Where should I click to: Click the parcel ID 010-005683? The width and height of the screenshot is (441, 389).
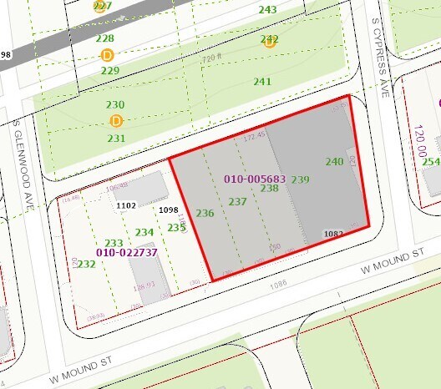pyautogui.click(x=255, y=179)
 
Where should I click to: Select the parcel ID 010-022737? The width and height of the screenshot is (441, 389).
pyautogui.click(x=127, y=252)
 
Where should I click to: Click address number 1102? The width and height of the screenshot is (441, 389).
pyautogui.click(x=127, y=205)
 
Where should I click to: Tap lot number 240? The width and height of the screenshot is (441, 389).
pyautogui.click(x=334, y=161)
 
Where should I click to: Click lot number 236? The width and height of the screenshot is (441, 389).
pyautogui.click(x=205, y=214)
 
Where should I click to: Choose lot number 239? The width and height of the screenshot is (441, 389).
pyautogui.click(x=301, y=179)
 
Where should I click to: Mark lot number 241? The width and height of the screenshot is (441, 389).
pyautogui.click(x=262, y=82)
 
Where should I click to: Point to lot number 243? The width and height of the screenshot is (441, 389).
pyautogui.click(x=267, y=10)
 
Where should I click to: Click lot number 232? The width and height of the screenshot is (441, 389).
pyautogui.click(x=86, y=264)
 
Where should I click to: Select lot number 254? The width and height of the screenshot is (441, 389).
pyautogui.click(x=431, y=161)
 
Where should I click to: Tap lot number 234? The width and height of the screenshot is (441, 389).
pyautogui.click(x=144, y=233)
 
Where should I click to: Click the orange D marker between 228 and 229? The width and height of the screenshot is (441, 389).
pyautogui.click(x=107, y=54)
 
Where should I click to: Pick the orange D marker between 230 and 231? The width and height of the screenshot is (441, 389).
pyautogui.click(x=116, y=120)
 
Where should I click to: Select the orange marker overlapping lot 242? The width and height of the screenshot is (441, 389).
pyautogui.click(x=270, y=41)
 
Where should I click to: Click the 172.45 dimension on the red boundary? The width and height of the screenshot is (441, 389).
pyautogui.click(x=254, y=135)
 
